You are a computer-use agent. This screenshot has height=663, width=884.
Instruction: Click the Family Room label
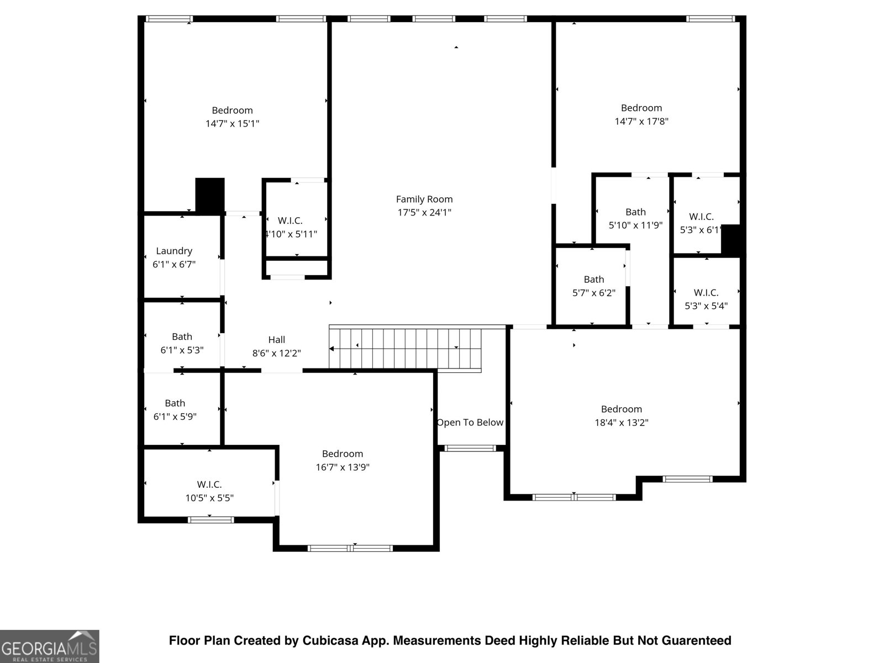pyautogui.click(x=424, y=199)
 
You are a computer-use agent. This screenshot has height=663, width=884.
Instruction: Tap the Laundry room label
pyautogui.click(x=174, y=251)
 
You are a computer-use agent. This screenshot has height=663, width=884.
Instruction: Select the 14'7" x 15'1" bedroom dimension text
pyautogui.click(x=233, y=124)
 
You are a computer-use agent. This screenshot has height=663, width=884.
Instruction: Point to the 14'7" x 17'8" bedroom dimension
pyautogui.click(x=641, y=121)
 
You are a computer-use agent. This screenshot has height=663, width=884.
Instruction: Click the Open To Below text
pyautogui.click(x=470, y=422)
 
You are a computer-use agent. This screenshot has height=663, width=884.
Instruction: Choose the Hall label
pyautogui.click(x=277, y=340)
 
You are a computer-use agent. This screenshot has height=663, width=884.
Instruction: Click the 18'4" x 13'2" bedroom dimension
pyautogui.click(x=622, y=423)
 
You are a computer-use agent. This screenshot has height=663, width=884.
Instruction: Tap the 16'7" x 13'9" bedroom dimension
pyautogui.click(x=343, y=467)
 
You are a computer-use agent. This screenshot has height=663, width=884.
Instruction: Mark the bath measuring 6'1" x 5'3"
pyautogui.click(x=182, y=336)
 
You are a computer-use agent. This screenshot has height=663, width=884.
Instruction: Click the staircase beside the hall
pyautogui.click(x=405, y=348)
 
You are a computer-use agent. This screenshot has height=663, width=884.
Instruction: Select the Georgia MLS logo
pyautogui.click(x=50, y=646)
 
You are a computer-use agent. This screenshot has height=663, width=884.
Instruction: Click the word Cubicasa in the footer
pyautogui.click(x=330, y=640)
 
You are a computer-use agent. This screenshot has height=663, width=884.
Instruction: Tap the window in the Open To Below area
pyautogui.click(x=470, y=449)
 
